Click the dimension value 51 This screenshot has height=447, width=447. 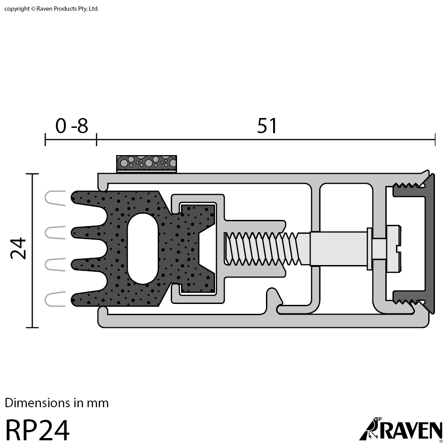click(267, 127)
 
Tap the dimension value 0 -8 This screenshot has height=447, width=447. click(72, 127)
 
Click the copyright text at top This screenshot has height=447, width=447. click(52, 8)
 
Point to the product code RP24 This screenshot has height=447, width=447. click(38, 430)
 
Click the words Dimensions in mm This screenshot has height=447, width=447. click(57, 403)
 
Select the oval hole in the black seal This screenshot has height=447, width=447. click(143, 248)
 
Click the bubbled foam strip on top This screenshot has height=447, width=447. click(147, 163)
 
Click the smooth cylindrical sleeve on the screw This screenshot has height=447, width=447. click(337, 248)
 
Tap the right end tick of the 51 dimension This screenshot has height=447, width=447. click(435, 139)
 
